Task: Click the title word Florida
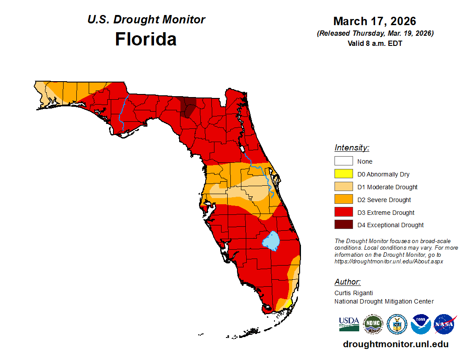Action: (x=146, y=39)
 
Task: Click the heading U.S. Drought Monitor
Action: (x=146, y=20)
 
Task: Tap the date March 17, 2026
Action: (x=375, y=21)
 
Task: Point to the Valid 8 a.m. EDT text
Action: (x=375, y=43)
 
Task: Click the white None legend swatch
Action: (x=343, y=161)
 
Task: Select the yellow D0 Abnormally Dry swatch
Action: (x=343, y=174)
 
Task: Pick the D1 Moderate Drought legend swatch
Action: (x=343, y=187)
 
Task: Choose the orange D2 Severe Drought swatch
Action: (x=343, y=200)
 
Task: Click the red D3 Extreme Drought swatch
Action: (x=343, y=213)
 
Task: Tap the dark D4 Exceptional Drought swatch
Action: (x=343, y=225)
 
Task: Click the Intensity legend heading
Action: (x=352, y=148)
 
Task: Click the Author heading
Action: (x=347, y=282)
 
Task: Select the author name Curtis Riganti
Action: (x=354, y=292)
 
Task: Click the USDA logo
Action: (x=349, y=324)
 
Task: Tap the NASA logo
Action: (x=444, y=324)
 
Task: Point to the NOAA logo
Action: (x=421, y=324)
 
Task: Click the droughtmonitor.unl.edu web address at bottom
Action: (x=395, y=344)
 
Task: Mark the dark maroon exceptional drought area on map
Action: (x=188, y=107)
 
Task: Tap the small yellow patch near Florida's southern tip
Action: (x=287, y=304)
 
